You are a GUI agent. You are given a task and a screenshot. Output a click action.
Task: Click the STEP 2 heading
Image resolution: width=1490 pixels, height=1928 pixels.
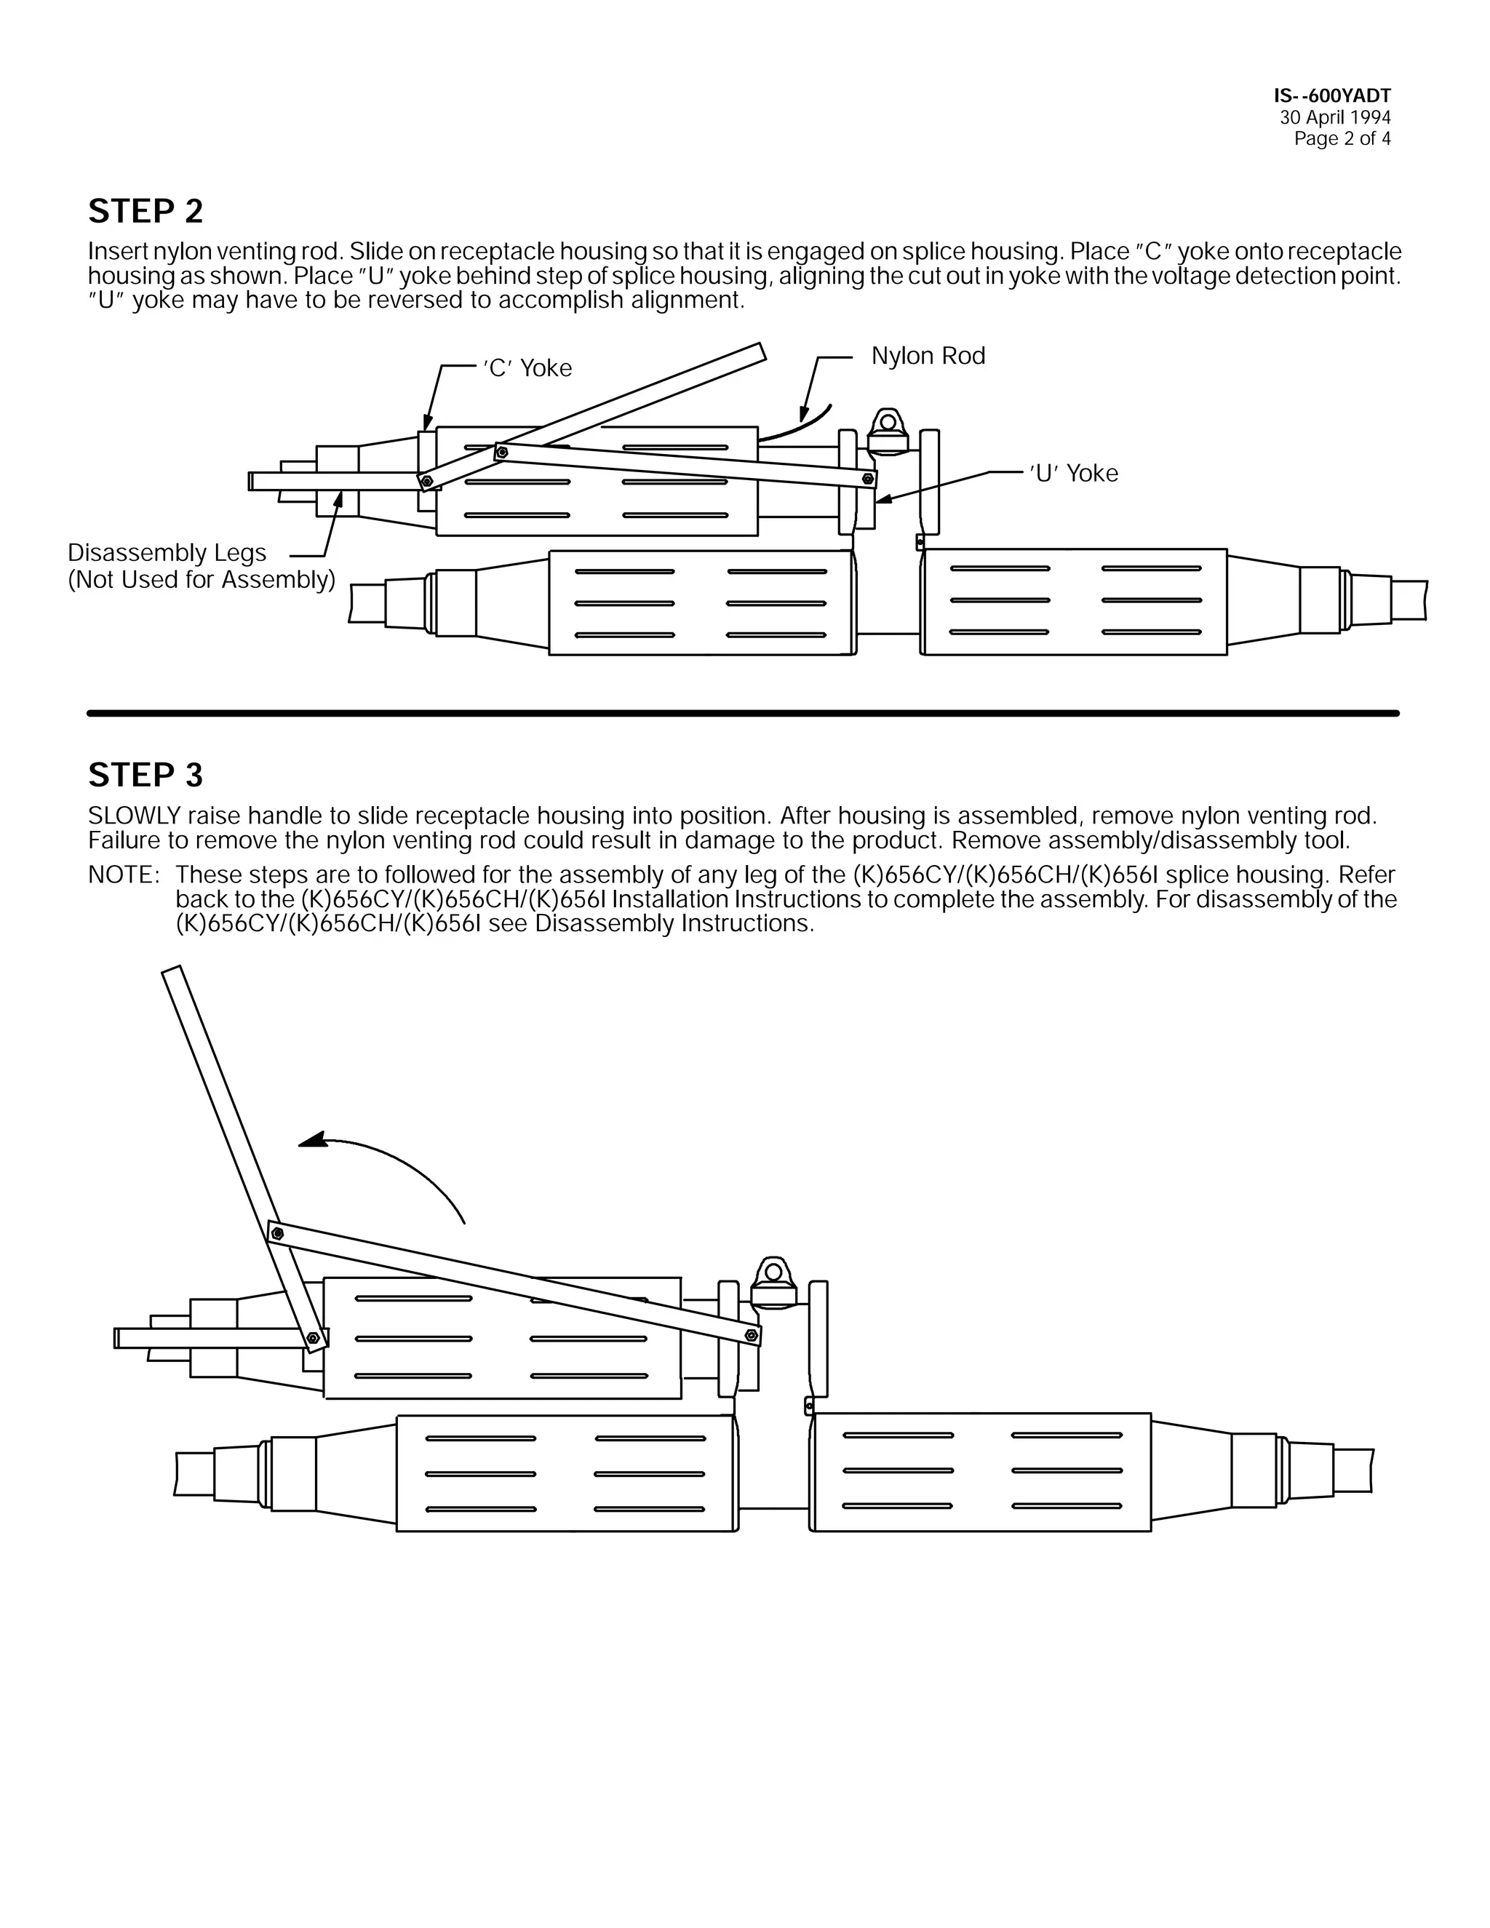(x=146, y=212)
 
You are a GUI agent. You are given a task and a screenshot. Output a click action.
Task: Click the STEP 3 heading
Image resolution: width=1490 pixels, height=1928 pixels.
(x=146, y=775)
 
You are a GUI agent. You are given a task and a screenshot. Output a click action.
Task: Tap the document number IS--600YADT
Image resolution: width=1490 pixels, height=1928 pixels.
(x=1332, y=96)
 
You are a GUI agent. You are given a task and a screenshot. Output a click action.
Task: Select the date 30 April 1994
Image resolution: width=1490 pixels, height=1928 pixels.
(x=1334, y=117)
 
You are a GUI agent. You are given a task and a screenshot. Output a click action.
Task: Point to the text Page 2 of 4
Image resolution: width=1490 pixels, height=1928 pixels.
(x=1342, y=138)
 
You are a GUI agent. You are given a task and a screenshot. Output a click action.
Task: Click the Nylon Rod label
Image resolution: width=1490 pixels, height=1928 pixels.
(x=928, y=356)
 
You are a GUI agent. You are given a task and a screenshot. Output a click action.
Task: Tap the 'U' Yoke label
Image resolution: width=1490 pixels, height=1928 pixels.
(x=1073, y=473)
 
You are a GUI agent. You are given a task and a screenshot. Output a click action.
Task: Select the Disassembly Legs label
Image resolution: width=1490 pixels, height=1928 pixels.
(x=167, y=553)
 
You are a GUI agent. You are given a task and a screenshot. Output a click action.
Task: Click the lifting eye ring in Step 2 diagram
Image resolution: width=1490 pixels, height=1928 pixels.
(x=888, y=423)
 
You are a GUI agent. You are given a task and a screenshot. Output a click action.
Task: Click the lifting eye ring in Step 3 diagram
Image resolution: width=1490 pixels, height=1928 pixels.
(x=773, y=1272)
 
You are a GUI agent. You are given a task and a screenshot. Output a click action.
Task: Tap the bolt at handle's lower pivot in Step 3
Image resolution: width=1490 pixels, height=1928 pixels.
(x=312, y=1338)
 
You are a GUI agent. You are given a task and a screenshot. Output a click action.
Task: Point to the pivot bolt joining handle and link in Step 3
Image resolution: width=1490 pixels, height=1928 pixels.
(x=277, y=1233)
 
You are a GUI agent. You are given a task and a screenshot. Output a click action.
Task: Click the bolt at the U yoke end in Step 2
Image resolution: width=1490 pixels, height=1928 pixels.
(x=869, y=479)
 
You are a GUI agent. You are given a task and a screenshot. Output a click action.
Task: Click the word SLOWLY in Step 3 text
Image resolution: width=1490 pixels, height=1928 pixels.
(x=133, y=815)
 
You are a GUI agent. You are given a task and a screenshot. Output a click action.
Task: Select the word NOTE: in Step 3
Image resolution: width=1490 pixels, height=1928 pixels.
(x=123, y=875)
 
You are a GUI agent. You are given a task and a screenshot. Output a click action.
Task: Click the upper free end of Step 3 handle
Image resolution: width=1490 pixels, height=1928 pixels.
(x=173, y=973)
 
